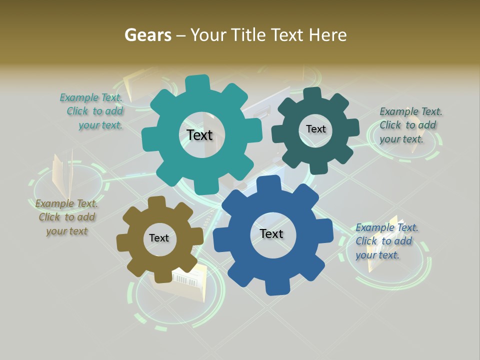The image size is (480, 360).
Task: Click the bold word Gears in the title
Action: pyautogui.click(x=147, y=35)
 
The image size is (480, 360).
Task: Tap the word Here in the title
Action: pyautogui.click(x=327, y=35)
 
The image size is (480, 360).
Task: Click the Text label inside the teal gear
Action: pyautogui.click(x=199, y=135)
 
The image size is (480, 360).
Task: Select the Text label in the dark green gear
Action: pyautogui.click(x=315, y=129)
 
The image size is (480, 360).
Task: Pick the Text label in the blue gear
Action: pyautogui.click(x=271, y=234)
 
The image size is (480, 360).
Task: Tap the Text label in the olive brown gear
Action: pyautogui.click(x=159, y=238)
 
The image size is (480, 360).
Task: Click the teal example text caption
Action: pyautogui.click(x=92, y=111)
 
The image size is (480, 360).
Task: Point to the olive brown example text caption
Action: pyautogui.click(x=66, y=217)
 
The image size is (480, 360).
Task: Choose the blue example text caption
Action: pyautogui.click(x=386, y=241)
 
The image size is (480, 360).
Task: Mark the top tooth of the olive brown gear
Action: pyautogui.click(x=156, y=202)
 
